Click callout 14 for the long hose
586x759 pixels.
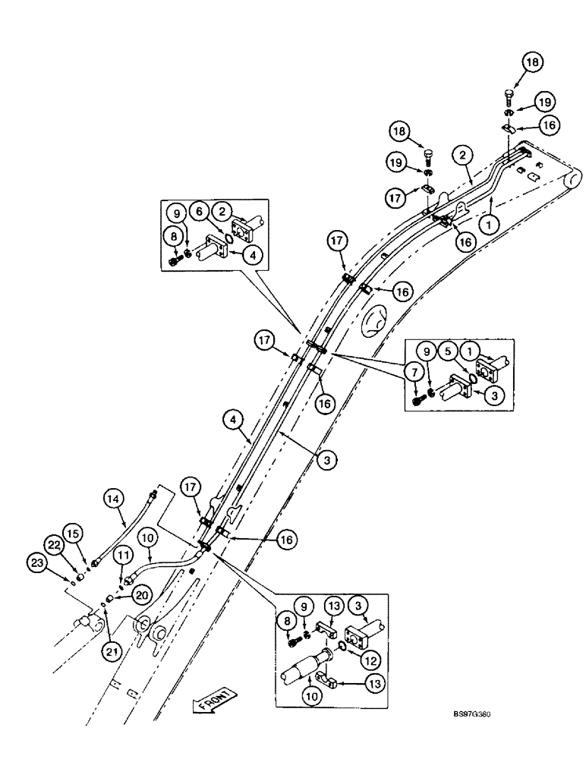[x=113, y=499]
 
